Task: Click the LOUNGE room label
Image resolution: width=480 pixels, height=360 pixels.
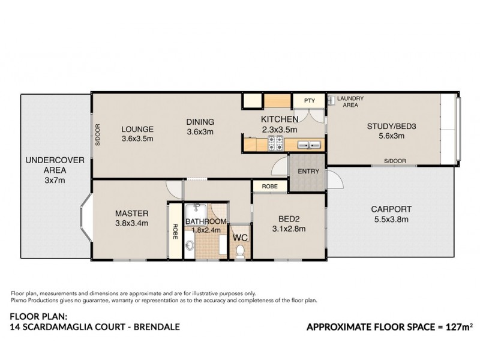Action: pos(138,128)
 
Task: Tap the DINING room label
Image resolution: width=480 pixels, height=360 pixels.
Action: pos(200,122)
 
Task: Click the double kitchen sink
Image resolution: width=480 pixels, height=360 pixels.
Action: pos(305,144)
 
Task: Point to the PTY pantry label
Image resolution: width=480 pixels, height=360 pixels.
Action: pos(310,101)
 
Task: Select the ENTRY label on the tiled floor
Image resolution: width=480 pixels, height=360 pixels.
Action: pos(307,172)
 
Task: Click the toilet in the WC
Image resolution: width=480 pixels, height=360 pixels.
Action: pos(241,251)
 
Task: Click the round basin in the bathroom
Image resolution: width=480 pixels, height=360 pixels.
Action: pos(189,245)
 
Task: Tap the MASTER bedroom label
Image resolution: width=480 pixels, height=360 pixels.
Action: pos(132,214)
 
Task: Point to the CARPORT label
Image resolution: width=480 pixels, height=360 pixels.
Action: pos(391,209)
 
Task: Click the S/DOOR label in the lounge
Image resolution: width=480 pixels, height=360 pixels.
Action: pos(98,135)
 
